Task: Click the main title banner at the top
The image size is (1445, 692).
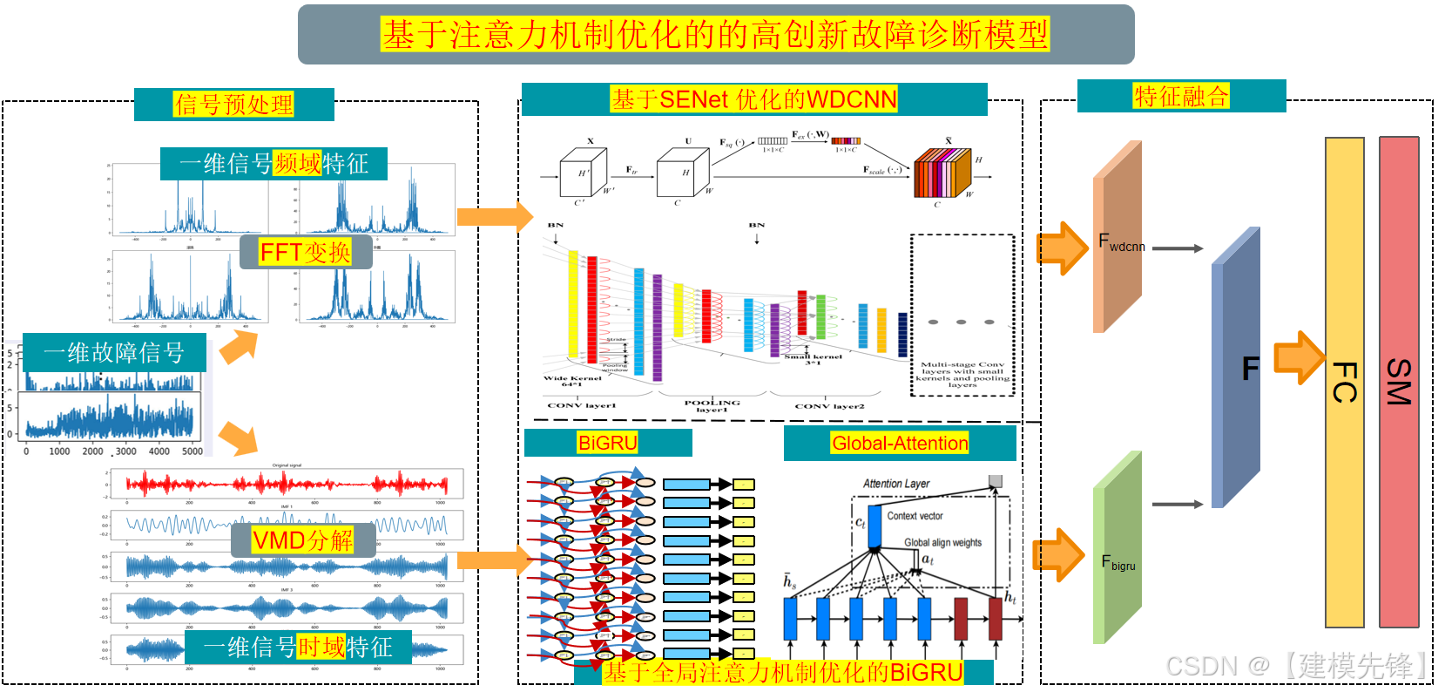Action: (715, 35)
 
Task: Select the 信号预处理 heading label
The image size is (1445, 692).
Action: (233, 105)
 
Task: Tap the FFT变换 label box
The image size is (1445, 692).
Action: (306, 253)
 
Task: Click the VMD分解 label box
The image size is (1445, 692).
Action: (303, 540)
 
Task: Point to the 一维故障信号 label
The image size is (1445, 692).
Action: (114, 353)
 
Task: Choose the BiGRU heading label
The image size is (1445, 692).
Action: (608, 443)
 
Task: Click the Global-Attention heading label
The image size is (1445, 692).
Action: (900, 443)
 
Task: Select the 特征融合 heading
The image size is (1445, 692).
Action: (1181, 96)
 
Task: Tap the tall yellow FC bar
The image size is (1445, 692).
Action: (1344, 382)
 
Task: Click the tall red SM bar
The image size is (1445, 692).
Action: (1399, 382)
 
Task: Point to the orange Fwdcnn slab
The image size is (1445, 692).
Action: (1117, 235)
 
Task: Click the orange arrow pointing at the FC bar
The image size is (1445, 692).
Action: (1299, 357)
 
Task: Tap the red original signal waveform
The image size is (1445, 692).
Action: (287, 484)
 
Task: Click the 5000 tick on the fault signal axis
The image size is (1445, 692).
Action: (192, 451)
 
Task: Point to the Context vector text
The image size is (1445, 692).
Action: (915, 516)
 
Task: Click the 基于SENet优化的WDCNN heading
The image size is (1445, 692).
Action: (753, 99)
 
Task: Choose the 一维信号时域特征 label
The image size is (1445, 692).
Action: (298, 648)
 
